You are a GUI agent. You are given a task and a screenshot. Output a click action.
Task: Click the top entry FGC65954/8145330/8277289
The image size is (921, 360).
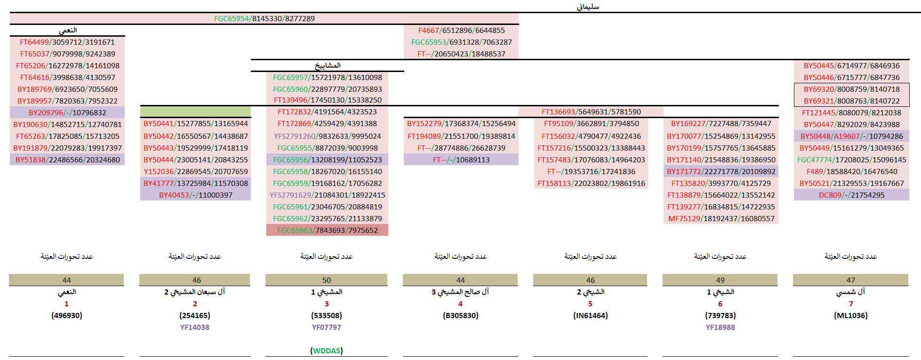(264, 19)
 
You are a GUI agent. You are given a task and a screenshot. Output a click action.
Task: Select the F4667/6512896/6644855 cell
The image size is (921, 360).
(461, 31)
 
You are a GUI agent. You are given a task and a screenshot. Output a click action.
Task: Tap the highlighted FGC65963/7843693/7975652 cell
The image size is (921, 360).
(327, 230)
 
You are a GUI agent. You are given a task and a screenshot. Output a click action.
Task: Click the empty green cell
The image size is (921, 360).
(195, 112)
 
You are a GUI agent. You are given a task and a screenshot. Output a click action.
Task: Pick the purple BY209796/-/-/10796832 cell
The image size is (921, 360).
(67, 113)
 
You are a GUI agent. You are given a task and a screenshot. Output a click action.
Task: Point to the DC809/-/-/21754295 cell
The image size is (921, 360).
(851, 195)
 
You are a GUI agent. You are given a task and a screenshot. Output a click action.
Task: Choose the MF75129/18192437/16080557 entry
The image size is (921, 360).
(721, 218)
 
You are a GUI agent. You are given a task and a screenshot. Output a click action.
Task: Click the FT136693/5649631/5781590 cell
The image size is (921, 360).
(591, 112)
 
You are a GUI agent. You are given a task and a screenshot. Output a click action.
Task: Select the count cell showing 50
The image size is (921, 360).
(327, 280)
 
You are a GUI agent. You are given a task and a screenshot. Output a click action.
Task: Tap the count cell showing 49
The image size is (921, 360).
(720, 280)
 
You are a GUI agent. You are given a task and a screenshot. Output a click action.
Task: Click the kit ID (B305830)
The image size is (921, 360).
(460, 315)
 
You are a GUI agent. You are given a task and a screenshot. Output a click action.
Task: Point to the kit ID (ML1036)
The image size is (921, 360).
(850, 315)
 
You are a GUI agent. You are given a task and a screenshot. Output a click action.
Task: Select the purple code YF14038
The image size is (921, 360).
(195, 327)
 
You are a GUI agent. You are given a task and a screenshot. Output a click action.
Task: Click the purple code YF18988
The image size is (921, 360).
(720, 327)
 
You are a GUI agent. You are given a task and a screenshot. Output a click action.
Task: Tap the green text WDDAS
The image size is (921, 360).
(327, 351)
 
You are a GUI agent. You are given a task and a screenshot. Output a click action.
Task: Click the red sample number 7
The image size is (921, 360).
(851, 304)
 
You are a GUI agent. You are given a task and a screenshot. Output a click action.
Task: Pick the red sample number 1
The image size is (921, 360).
(66, 304)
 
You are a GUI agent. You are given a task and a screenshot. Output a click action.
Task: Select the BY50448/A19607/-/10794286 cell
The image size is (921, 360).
(851, 136)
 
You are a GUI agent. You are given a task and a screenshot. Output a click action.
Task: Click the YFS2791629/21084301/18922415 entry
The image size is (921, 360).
(327, 195)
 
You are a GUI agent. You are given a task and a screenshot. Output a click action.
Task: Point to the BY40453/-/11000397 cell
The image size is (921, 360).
(195, 195)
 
